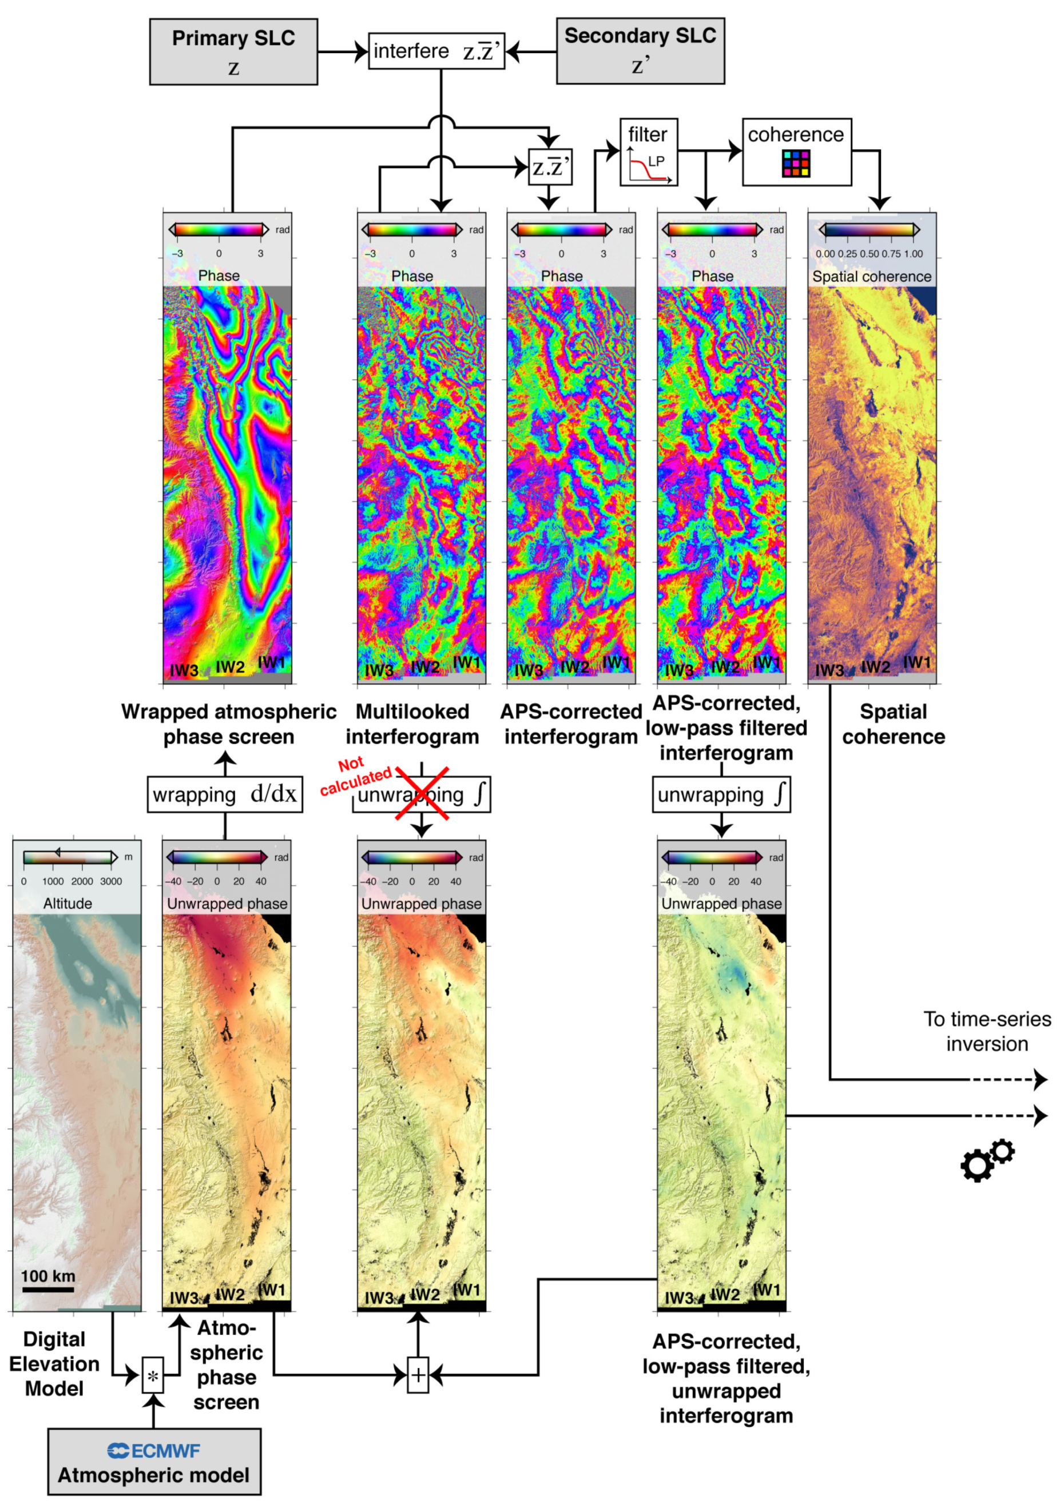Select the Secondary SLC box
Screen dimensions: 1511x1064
tap(640, 51)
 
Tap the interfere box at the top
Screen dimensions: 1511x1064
tap(436, 51)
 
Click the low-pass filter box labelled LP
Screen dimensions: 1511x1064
tap(648, 152)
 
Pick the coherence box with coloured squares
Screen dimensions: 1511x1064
tap(796, 152)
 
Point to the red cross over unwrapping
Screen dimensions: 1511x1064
tap(422, 793)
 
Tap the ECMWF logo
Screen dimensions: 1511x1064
tap(153, 1450)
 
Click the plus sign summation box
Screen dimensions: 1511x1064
tap(418, 1375)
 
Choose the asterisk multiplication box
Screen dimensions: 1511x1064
tap(153, 1375)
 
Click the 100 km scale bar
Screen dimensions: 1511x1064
tap(48, 1289)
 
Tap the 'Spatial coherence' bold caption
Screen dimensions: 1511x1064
tap(893, 724)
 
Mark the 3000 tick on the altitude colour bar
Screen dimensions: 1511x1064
tap(110, 881)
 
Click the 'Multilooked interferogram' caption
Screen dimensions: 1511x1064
tap(412, 724)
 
